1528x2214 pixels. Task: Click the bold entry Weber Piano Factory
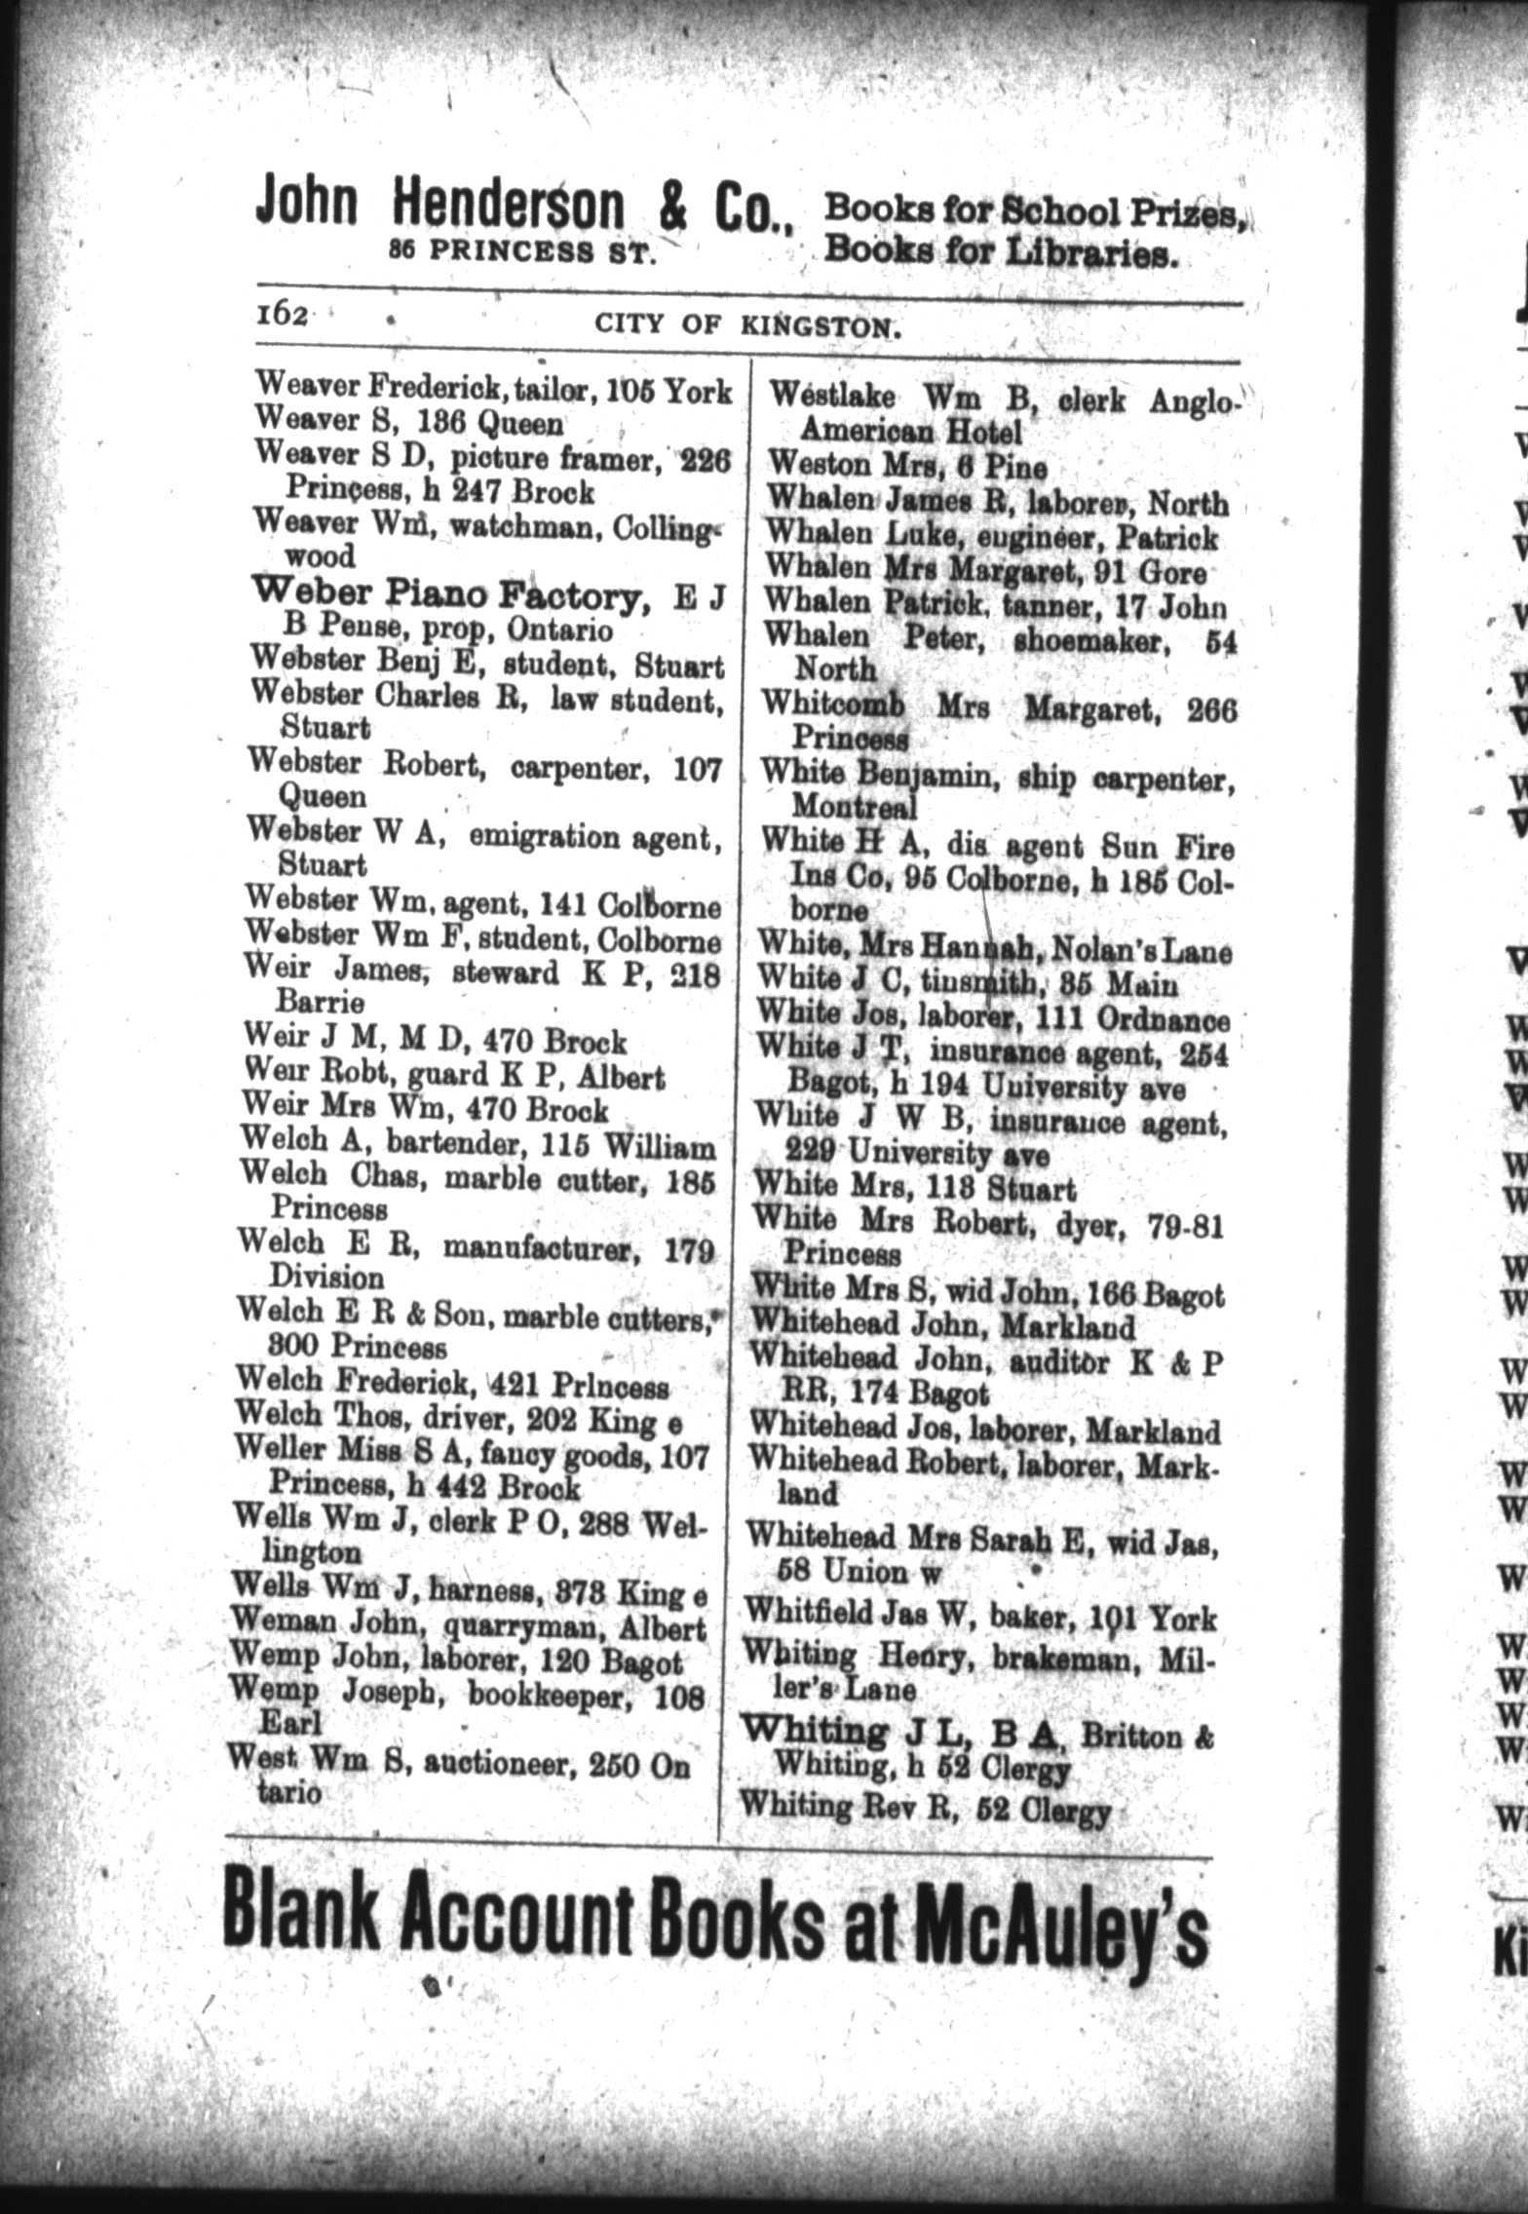(451, 593)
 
